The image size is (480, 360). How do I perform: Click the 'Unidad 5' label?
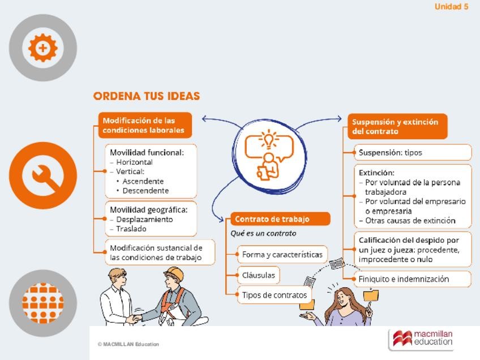[x=451, y=7]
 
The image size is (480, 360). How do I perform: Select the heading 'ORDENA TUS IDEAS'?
[x=146, y=96]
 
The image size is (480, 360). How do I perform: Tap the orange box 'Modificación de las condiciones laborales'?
[x=145, y=125]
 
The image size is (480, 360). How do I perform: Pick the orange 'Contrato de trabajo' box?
[x=280, y=219]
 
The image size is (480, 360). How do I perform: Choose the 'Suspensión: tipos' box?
[x=413, y=152]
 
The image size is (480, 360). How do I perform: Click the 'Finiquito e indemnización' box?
[x=413, y=279]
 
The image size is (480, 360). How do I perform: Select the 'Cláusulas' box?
[x=258, y=276]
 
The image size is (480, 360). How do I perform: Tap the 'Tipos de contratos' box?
[x=274, y=295]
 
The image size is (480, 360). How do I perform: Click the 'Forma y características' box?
[x=282, y=255]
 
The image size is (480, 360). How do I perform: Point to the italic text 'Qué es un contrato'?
[x=263, y=233]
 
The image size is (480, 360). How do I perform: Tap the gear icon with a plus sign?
[x=42, y=48]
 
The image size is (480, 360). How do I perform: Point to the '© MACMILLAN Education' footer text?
[x=128, y=344]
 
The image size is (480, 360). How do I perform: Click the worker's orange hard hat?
[x=174, y=274]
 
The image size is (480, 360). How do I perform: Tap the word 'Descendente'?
[x=145, y=191]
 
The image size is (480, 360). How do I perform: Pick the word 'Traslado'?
[x=131, y=229]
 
